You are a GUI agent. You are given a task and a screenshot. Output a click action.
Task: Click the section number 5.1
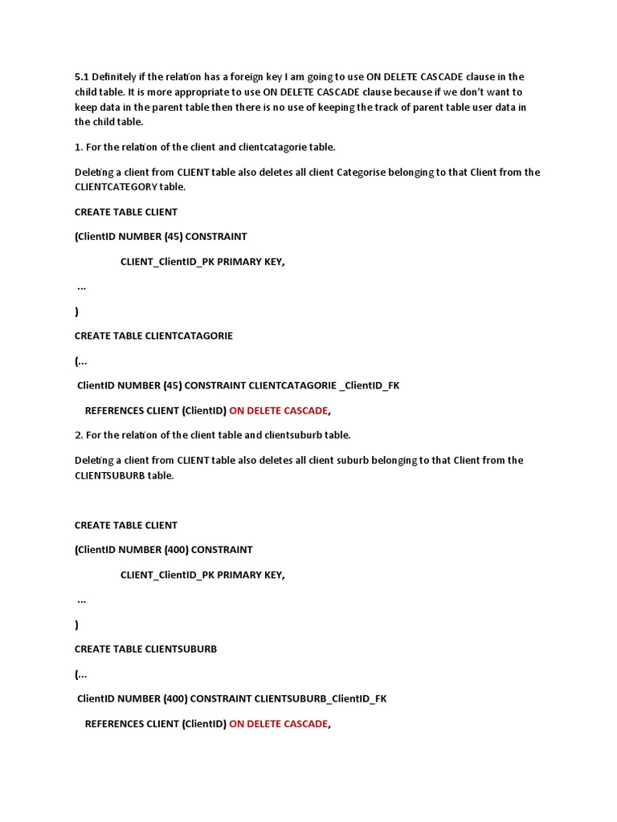[x=82, y=77]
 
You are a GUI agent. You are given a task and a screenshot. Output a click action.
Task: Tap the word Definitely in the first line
[x=116, y=77]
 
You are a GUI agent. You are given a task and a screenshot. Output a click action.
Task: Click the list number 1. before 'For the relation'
[x=79, y=147]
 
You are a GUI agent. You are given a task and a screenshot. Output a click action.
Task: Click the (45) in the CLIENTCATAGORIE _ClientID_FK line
[x=173, y=385]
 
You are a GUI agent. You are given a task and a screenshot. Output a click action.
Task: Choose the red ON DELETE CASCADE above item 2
[x=278, y=410]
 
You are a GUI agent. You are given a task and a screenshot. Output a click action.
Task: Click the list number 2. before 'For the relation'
[x=79, y=435]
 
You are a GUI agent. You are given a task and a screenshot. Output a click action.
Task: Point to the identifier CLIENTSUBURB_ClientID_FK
[x=321, y=698]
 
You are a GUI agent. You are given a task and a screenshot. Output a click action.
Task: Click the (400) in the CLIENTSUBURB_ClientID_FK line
[x=175, y=698]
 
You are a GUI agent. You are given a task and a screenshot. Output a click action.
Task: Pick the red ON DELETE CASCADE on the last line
[x=278, y=723]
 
